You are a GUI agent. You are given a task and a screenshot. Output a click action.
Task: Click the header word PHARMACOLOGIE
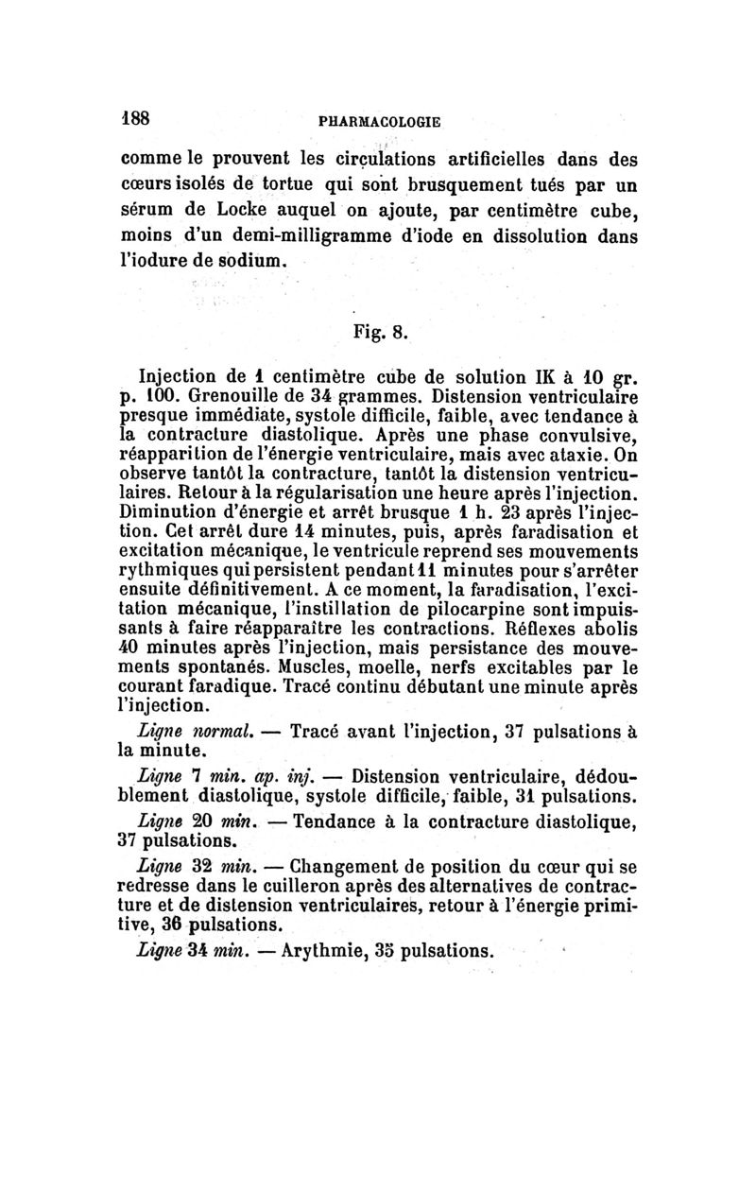tap(380, 121)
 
